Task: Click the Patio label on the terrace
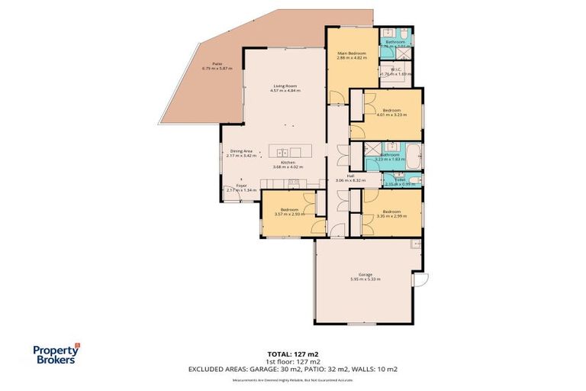coord(207,65)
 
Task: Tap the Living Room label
coord(285,86)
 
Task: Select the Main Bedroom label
coord(352,53)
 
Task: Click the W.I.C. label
coord(397,69)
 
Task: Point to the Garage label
coord(365,275)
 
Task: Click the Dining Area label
coord(241,151)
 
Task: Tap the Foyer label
coord(242,186)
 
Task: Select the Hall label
coord(350,176)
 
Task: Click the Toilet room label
coord(401,179)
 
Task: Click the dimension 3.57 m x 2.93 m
coord(289,214)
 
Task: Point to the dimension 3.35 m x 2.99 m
coord(391,215)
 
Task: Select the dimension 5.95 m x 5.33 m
coord(365,280)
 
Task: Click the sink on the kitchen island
coord(282,152)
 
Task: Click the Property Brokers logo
coord(56,355)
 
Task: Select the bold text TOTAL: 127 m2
coord(292,354)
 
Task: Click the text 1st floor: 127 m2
coord(292,361)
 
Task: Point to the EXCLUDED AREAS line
coord(292,369)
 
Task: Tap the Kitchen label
coord(288,162)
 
